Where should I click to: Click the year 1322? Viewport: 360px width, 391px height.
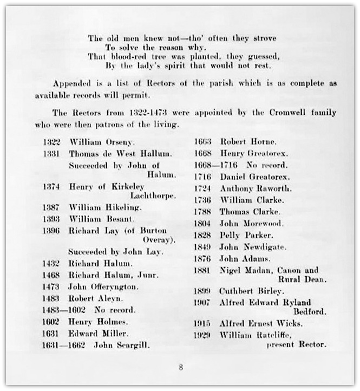pyautogui.click(x=52, y=142)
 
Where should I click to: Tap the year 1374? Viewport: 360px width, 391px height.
pyautogui.click(x=52, y=186)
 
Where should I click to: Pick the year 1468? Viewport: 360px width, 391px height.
pyautogui.click(x=52, y=275)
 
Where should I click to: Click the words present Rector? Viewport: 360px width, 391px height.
pyautogui.click(x=297, y=344)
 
